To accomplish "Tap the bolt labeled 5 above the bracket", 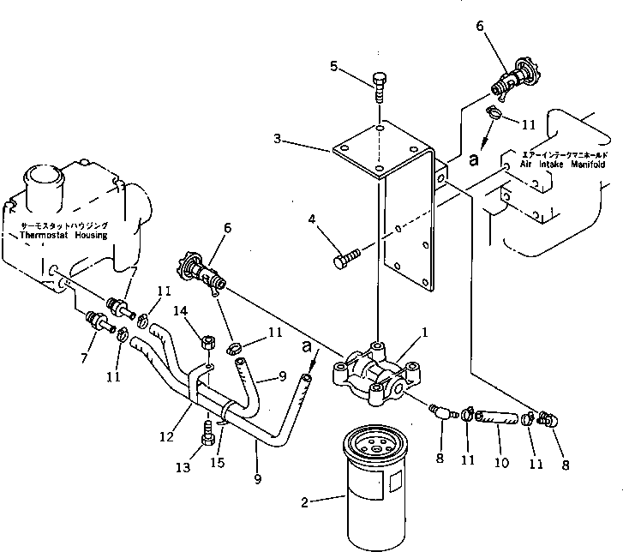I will (x=380, y=87).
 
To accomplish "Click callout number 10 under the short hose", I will (x=502, y=463).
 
